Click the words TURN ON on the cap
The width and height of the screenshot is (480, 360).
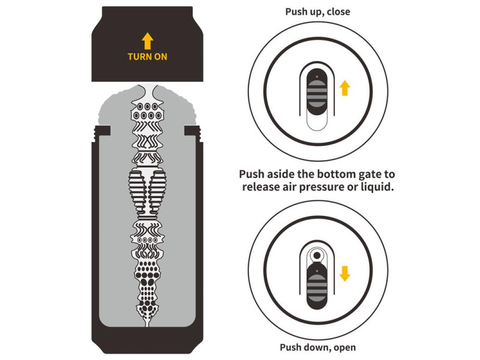(147, 56)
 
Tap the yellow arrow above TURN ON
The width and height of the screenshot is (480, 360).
(147, 41)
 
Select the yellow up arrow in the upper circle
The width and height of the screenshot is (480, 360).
(344, 88)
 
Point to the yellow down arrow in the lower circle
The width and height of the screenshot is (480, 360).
(344, 274)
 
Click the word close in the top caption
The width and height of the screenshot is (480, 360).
(338, 11)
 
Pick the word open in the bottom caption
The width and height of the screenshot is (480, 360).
(344, 347)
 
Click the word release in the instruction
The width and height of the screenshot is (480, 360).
(262, 187)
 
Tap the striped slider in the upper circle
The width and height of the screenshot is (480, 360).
(317, 92)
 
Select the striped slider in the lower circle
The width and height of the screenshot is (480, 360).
(317, 287)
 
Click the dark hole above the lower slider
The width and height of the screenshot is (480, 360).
(317, 255)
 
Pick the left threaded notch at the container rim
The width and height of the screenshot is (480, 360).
(102, 131)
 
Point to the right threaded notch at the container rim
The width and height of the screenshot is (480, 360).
(193, 131)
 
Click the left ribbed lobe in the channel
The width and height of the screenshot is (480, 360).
(137, 191)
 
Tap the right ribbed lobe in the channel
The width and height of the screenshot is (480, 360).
(158, 191)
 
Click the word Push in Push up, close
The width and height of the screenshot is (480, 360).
(295, 11)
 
